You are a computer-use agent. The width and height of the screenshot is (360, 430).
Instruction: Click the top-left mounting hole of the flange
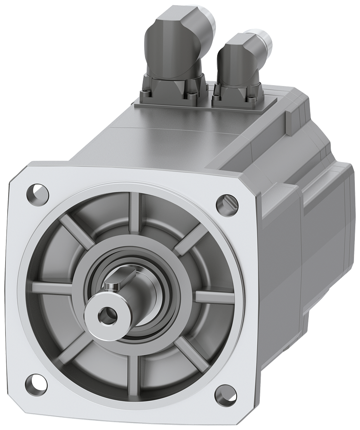point(37,190)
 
